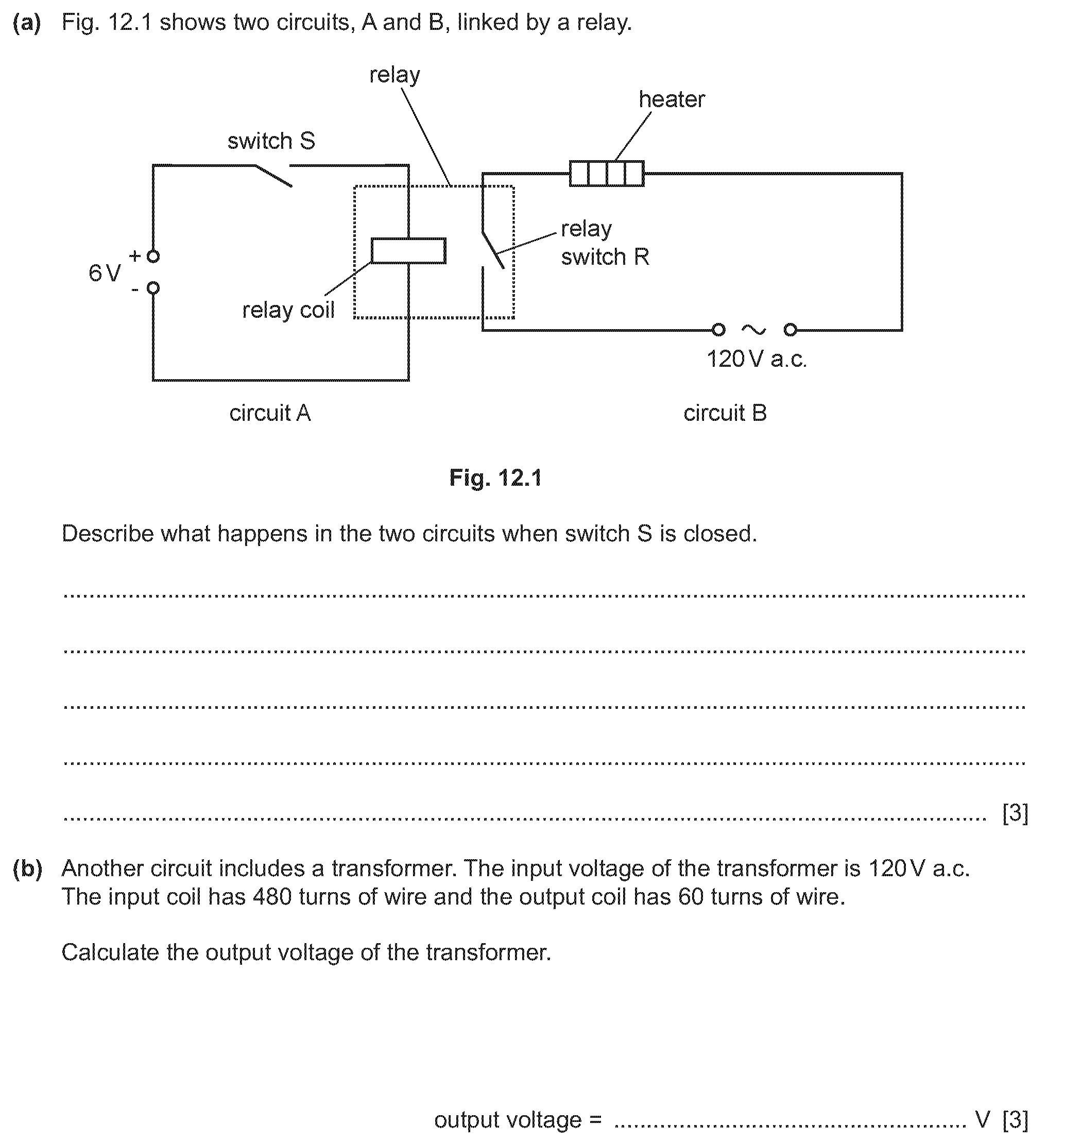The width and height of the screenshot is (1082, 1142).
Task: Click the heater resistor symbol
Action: [606, 174]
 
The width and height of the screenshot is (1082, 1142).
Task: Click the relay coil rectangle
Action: [408, 251]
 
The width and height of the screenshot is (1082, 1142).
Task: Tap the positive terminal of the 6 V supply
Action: [153, 256]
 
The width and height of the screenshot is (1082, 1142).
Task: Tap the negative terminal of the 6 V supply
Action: [153, 288]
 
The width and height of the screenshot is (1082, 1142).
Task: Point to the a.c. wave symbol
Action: [754, 330]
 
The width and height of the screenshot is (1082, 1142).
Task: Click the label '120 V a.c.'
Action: [757, 360]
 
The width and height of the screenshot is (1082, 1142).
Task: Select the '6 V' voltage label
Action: [105, 273]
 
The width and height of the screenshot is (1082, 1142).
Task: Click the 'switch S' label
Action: [271, 141]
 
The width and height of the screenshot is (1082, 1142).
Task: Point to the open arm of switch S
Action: [273, 176]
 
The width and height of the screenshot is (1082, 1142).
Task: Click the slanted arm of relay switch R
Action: [493, 250]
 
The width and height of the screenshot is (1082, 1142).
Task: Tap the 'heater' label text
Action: [672, 100]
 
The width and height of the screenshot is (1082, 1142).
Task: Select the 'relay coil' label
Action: [288, 310]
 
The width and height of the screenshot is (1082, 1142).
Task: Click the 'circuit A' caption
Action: [270, 413]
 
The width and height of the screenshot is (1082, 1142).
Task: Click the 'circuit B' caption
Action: [725, 413]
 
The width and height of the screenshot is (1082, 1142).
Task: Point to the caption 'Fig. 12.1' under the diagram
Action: [496, 478]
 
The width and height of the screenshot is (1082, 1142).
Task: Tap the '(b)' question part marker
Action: [27, 868]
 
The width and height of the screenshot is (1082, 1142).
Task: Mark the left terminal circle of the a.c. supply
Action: [718, 330]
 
